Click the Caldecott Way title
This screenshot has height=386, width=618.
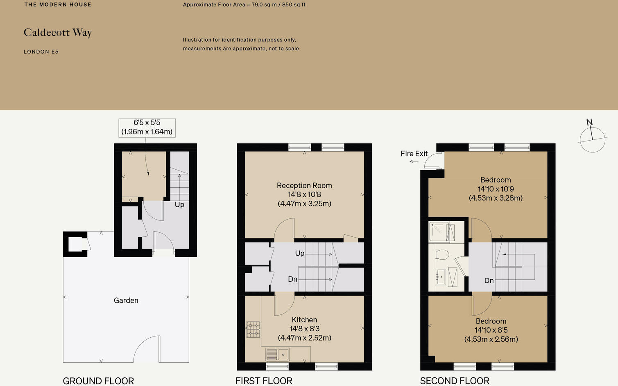click(x=58, y=33)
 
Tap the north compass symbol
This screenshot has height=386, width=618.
click(x=592, y=138)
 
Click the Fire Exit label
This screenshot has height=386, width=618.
click(x=414, y=154)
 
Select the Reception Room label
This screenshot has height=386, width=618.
click(x=304, y=186)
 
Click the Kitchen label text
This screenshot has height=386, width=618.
click(x=304, y=320)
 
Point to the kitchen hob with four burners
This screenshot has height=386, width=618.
click(x=253, y=330)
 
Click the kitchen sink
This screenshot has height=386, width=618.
click(x=277, y=355)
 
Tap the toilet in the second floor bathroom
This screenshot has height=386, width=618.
click(x=442, y=255)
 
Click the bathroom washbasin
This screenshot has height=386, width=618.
click(x=441, y=277)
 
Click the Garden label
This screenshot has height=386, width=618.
click(x=126, y=301)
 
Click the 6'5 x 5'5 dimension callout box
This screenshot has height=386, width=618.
click(x=147, y=128)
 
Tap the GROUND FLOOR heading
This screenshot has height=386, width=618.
click(x=98, y=381)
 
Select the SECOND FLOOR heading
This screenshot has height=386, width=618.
click(x=455, y=381)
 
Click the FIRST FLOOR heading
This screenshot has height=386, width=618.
click(x=264, y=381)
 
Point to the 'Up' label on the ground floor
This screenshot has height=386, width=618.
click(x=179, y=204)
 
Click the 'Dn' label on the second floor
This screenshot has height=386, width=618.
click(x=489, y=281)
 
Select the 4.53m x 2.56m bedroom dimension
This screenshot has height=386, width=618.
click(x=491, y=339)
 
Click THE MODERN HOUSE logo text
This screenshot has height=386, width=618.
click(x=58, y=4)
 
